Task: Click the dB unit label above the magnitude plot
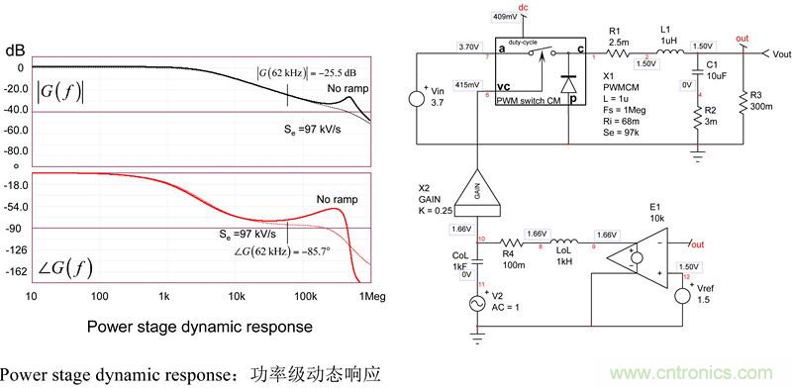(16, 49)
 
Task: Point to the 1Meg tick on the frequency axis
(371, 296)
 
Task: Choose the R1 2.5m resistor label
(620, 37)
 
